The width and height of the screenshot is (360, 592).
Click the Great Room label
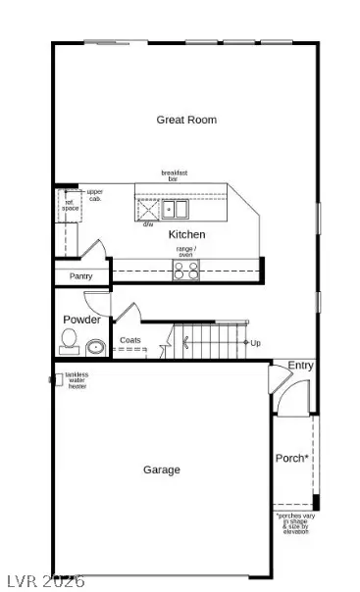click(186, 120)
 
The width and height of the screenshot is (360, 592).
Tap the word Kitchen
click(186, 235)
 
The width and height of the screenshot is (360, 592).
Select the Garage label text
click(162, 469)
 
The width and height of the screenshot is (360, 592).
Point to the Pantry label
click(80, 277)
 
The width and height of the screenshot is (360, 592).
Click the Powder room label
click(81, 320)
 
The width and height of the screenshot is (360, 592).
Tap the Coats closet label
click(130, 341)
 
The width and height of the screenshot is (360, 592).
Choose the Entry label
click(300, 366)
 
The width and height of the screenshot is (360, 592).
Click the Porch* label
click(291, 456)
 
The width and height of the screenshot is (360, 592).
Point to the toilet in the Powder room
click(69, 340)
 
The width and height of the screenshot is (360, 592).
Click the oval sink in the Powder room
click(96, 346)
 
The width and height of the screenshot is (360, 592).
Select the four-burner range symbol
click(186, 270)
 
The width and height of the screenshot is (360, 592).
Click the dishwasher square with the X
click(148, 208)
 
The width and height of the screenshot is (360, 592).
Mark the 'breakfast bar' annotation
click(175, 176)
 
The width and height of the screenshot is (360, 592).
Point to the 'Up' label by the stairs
click(255, 343)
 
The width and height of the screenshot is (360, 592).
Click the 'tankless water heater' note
click(77, 381)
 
